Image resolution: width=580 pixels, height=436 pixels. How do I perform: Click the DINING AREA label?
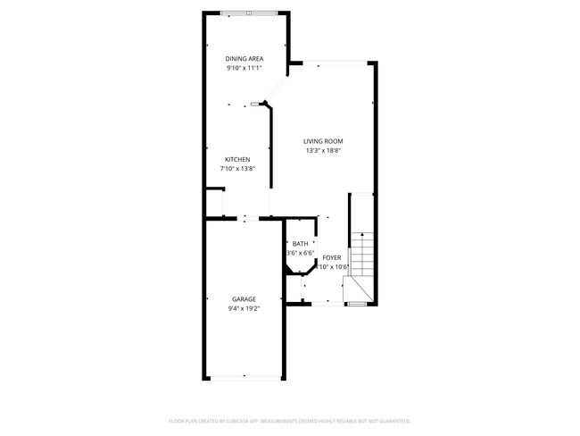point(244,59)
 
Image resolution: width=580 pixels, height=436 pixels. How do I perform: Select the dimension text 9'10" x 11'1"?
point(244,68)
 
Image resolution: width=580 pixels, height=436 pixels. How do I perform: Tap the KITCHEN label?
point(237,159)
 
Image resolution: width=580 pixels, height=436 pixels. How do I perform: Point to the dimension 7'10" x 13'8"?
point(237,168)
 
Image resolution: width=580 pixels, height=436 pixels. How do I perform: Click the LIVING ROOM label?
point(323,141)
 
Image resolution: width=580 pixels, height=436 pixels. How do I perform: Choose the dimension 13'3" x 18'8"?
point(323,150)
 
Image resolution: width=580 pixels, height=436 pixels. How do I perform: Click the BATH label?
point(300,244)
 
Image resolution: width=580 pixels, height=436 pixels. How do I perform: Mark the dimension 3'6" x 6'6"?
point(300,253)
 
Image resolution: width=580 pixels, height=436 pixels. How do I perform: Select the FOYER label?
point(332,257)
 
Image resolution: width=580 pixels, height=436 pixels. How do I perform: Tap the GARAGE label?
point(244,299)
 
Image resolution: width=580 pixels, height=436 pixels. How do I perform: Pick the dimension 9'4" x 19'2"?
point(244,308)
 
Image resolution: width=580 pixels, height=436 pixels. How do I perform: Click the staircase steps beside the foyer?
point(360,255)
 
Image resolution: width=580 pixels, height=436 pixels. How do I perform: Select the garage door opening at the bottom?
point(246,379)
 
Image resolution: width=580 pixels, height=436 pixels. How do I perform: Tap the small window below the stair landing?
point(356,304)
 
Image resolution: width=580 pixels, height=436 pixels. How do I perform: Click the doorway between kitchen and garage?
point(247,218)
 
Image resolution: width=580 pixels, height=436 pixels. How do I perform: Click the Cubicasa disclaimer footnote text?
point(289,420)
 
